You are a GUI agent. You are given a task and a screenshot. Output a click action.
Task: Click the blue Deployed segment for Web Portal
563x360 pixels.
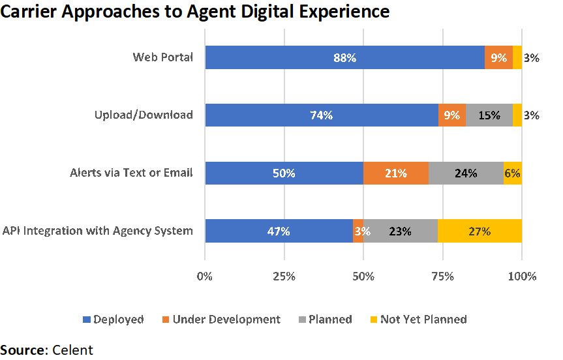click(x=344, y=57)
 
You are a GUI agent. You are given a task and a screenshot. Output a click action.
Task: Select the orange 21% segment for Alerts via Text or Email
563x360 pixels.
click(x=396, y=173)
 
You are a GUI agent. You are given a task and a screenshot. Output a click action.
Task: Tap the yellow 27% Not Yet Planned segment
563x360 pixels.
click(x=479, y=231)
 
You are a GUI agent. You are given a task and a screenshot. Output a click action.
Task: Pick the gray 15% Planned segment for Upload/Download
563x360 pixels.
click(x=489, y=115)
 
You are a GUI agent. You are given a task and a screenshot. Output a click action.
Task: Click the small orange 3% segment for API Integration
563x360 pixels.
click(x=358, y=231)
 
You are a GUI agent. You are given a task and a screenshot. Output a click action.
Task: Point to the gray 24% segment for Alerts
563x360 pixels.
click(x=466, y=173)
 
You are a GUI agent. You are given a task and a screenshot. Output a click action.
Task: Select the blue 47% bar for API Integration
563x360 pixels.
click(x=279, y=231)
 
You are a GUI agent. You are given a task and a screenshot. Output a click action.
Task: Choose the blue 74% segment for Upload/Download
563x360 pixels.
click(x=322, y=115)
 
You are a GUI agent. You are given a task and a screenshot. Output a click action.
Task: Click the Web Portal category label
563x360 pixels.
click(x=162, y=57)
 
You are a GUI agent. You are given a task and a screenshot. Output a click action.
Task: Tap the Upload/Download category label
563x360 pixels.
click(x=144, y=115)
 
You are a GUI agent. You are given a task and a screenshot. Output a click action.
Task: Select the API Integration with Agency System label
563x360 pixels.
click(x=98, y=231)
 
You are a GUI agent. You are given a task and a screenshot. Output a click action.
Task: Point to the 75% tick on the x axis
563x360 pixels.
click(x=442, y=276)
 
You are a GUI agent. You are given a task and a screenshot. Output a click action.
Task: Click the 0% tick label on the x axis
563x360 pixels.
click(x=205, y=276)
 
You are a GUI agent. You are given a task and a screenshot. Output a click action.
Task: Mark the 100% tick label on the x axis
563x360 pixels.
click(x=522, y=276)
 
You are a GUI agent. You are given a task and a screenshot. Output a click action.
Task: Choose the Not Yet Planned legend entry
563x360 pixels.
click(x=423, y=320)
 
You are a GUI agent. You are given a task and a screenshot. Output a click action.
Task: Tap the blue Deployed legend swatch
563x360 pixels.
click(x=86, y=320)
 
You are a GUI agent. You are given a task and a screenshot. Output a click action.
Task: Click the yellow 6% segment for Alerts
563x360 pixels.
click(x=513, y=173)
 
